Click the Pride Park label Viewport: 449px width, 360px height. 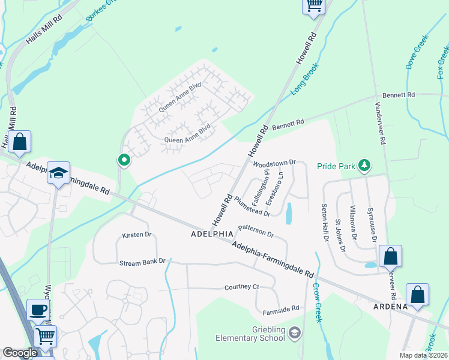337,164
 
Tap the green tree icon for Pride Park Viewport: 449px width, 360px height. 363,164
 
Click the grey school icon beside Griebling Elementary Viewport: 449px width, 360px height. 295,332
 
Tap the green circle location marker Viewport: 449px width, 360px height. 124,160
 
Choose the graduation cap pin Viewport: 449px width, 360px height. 59,173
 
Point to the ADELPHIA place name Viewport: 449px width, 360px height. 211,233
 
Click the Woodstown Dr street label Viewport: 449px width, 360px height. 276,163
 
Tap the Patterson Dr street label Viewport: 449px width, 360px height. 256,230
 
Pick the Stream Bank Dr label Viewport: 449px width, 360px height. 142,263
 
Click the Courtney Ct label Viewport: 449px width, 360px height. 241,287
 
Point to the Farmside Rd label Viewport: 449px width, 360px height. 281,309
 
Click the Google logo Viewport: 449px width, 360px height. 20,353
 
